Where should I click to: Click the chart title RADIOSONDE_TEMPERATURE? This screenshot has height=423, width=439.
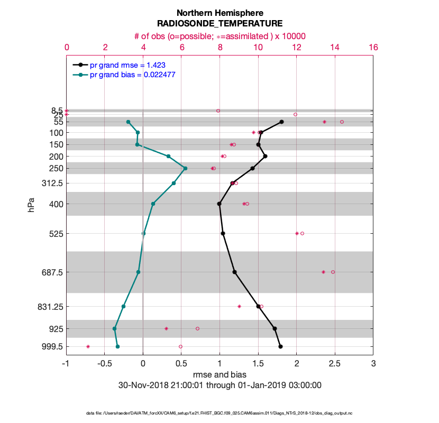(x=219, y=23)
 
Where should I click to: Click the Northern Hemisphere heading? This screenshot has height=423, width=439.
(x=219, y=13)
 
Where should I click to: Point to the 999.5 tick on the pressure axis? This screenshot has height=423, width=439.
(x=51, y=347)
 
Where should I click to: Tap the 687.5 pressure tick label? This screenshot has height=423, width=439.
(x=51, y=272)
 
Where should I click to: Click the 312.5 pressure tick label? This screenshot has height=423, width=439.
(x=51, y=183)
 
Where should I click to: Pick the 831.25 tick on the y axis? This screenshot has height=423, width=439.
(x=49, y=307)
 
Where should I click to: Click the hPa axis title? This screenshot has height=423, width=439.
(x=31, y=206)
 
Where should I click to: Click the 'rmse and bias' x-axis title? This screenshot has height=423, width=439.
(x=219, y=375)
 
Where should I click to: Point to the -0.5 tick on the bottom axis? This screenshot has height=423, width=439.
(x=105, y=364)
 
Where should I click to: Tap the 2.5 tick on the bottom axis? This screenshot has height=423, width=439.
(x=335, y=364)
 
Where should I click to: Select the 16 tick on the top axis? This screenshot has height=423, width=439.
(x=373, y=47)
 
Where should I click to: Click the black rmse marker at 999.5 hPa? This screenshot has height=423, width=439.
(x=280, y=347)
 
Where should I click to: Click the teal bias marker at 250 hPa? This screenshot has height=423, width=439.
(x=185, y=168)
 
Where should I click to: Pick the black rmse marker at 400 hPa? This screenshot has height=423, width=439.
(x=219, y=204)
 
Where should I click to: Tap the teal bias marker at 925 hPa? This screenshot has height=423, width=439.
(x=114, y=329)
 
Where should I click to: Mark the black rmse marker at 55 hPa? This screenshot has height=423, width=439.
(x=281, y=122)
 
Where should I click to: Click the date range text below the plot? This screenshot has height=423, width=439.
(x=219, y=385)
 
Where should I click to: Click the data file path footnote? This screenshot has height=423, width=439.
(x=219, y=413)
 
